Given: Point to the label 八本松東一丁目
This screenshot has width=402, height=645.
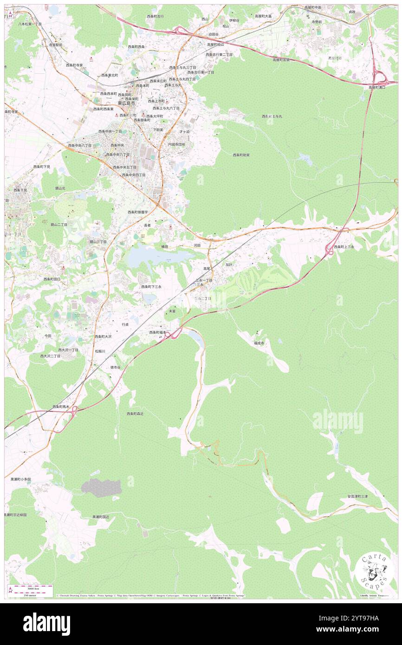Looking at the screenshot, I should pyautogui.click(x=30, y=24).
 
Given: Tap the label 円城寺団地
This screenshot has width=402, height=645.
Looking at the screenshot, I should pyautogui.click(x=176, y=144).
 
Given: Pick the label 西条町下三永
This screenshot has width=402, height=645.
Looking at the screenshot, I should pyautogui.click(x=151, y=287).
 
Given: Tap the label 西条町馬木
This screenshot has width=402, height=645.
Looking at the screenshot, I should pyautogui.click(x=60, y=406).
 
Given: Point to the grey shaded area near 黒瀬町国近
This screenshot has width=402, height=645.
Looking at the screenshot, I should pyautogui.click(x=101, y=488).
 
